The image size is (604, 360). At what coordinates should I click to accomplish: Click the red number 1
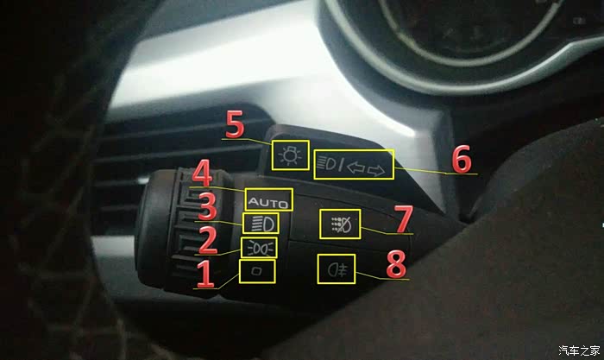205,274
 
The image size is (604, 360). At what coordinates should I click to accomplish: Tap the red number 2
207,240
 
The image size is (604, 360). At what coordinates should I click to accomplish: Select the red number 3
208,206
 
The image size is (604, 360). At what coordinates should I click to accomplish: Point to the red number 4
202,173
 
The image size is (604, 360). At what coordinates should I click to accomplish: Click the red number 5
235,124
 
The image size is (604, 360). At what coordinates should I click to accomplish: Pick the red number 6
461,158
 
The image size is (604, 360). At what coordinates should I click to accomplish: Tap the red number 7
403,219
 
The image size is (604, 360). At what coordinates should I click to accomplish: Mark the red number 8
396,264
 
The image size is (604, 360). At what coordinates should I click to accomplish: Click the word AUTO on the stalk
268,202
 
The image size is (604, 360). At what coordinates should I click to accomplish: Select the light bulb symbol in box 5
290,155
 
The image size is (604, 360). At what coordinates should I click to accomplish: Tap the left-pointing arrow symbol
355,167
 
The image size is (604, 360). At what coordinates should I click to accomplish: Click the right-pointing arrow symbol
375,170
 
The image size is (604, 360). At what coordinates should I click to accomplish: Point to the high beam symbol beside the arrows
330,164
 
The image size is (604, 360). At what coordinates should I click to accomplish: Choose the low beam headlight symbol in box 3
261,224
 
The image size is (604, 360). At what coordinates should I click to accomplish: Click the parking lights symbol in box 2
259,248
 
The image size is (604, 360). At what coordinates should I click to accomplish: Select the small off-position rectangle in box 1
256,271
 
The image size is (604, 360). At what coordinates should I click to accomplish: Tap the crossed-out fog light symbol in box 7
341,224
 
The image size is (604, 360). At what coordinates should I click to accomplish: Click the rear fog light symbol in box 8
337,269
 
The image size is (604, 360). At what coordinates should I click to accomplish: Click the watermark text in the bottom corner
579,351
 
